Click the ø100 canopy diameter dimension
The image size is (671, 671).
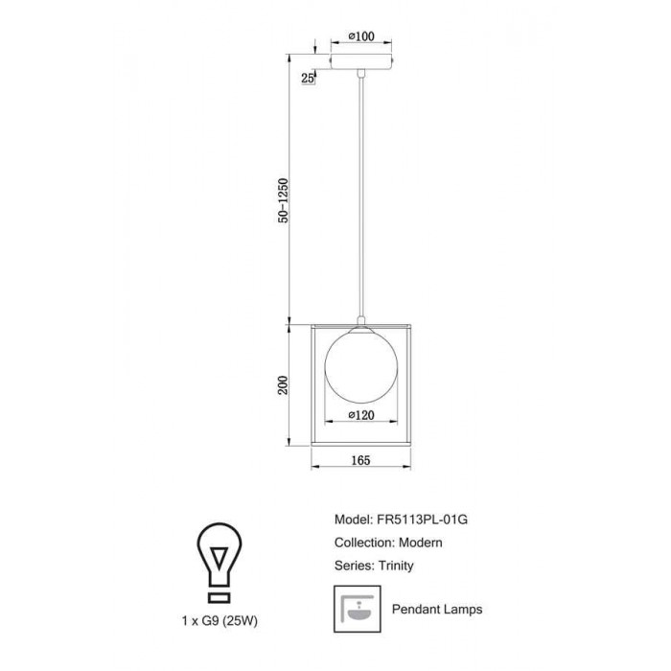[x=361, y=36]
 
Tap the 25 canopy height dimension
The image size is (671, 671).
[x=308, y=79]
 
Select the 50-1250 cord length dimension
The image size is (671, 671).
[x=284, y=200]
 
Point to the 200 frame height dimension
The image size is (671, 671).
[x=284, y=385]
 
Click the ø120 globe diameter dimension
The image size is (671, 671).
[x=361, y=415]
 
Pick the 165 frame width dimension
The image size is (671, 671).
[x=360, y=460]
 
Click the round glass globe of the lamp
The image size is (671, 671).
[x=361, y=366]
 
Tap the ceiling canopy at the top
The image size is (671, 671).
[x=361, y=61]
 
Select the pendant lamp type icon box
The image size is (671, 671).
[x=358, y=609]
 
